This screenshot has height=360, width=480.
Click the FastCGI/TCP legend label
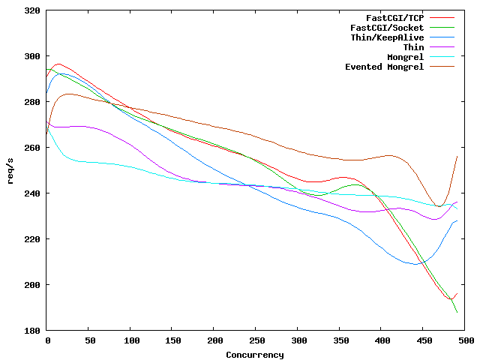pyautogui.click(x=394, y=17)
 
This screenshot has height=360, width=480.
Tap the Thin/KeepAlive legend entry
pyautogui.click(x=387, y=37)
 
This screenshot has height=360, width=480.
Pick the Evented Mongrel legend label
pyautogui.click(x=384, y=67)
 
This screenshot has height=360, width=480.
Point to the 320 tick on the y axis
pyautogui.click(x=32, y=10)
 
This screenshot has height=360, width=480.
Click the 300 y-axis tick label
pyautogui.click(x=32, y=56)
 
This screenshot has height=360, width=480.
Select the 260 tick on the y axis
pyautogui.click(x=32, y=148)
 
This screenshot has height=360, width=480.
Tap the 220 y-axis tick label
pyautogui.click(x=32, y=239)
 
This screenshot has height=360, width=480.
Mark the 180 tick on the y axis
pyautogui.click(x=32, y=331)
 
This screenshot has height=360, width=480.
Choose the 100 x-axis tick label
pyautogui.click(x=130, y=340)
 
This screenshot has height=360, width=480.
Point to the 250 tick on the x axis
pyautogui.click(x=256, y=340)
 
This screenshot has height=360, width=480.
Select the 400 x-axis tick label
pyautogui.click(x=382, y=340)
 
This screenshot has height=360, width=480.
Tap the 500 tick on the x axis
pyautogui.click(x=465, y=340)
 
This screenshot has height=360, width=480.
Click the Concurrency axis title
pyautogui.click(x=255, y=355)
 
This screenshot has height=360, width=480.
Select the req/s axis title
pyautogui.click(x=10, y=171)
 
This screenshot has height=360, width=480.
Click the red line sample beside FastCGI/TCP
pyautogui.click(x=443, y=17)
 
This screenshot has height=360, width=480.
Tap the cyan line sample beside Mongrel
pyautogui.click(x=443, y=57)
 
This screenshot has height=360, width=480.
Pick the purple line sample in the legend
pyautogui.click(x=443, y=47)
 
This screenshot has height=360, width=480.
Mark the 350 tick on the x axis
pyautogui.click(x=340, y=340)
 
